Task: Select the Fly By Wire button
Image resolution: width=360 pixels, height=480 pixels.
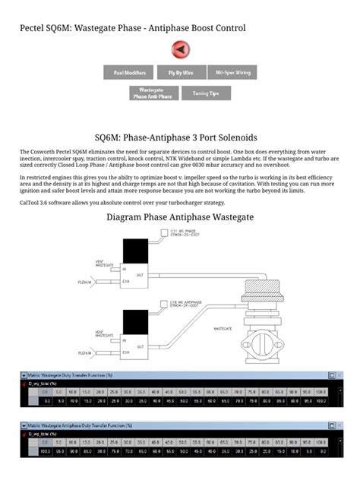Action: tap(180, 73)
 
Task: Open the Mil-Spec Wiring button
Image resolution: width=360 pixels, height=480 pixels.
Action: tap(232, 73)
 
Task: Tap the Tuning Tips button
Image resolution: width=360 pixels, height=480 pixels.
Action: tap(205, 93)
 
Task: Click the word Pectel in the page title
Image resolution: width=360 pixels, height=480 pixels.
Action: tap(34, 28)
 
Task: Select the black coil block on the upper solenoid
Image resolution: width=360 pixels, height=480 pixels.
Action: tap(137, 251)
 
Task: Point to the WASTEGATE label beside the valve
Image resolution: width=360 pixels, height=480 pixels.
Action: tap(222, 328)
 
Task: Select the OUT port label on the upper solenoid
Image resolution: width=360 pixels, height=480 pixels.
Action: tap(139, 274)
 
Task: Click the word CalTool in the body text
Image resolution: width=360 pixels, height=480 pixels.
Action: tap(31, 203)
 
